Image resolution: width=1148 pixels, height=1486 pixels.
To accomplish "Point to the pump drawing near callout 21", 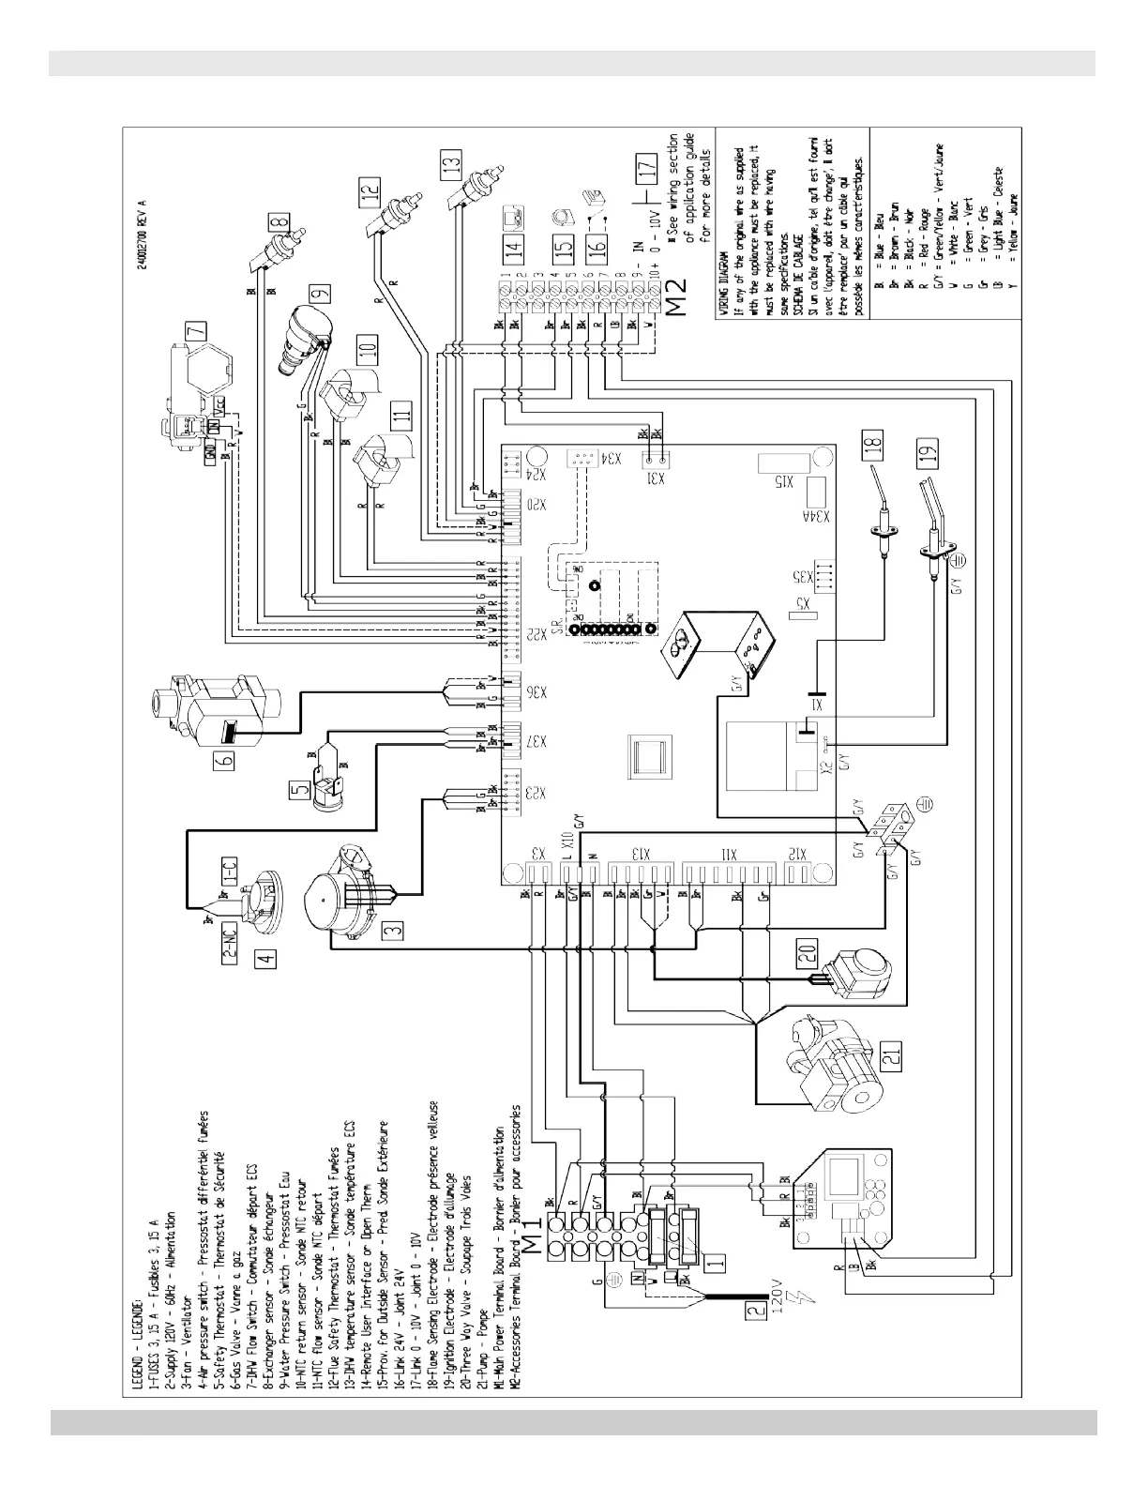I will click(x=832, y=1060).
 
